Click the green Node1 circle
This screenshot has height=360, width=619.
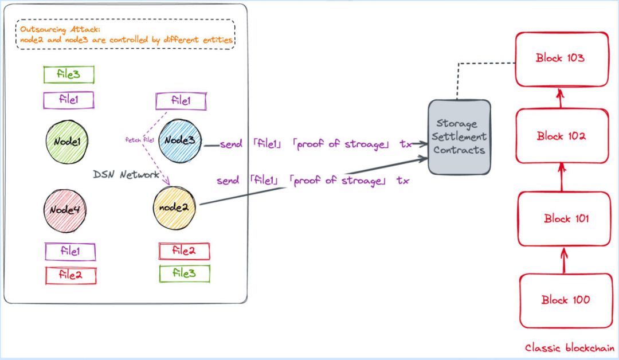click(66, 142)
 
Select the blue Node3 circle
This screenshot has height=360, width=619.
click(180, 140)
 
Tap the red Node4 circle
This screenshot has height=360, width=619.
click(65, 211)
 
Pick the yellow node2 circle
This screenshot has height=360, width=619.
click(174, 208)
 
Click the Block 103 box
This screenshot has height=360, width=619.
click(562, 59)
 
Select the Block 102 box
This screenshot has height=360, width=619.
click(562, 136)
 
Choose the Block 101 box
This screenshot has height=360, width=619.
click(565, 218)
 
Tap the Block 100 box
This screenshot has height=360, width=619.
click(566, 301)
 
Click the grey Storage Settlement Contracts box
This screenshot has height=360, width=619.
click(460, 137)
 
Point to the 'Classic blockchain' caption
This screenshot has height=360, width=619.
click(570, 348)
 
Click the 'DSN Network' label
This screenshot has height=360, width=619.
click(126, 174)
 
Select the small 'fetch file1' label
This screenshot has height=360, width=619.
click(140, 140)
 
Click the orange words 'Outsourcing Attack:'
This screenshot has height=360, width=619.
click(60, 29)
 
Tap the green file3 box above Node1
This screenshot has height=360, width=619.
click(69, 75)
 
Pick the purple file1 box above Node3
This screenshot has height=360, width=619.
click(181, 101)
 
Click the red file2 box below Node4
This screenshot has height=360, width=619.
click(70, 275)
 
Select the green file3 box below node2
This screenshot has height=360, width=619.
click(185, 273)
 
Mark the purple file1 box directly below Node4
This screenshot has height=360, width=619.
click(70, 252)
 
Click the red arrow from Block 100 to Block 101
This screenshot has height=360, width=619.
click(564, 260)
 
